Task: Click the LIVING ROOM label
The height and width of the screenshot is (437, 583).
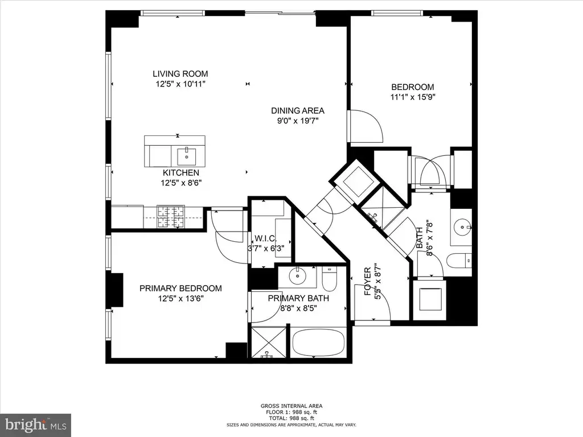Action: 180,74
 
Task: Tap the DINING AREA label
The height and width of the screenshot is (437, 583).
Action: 297,111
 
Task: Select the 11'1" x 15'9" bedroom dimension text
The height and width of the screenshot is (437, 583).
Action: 413,97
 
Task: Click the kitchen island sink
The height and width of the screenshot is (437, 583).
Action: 186,156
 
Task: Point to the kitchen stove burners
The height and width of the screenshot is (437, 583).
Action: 171,217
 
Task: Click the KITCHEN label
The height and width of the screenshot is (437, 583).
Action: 181,173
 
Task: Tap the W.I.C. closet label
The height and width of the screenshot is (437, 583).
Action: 265,238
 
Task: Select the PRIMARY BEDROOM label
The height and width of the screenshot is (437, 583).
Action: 180,288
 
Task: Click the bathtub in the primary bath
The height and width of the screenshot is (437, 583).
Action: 318,343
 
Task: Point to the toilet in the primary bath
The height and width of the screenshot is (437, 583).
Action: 329,279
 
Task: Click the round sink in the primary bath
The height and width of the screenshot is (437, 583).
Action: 297,276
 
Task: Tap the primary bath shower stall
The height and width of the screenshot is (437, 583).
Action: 269,342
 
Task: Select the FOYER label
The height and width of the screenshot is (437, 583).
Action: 368,281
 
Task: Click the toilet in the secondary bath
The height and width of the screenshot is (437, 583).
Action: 459,261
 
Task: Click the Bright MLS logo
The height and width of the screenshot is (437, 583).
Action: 35,424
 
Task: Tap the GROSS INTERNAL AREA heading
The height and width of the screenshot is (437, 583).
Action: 291,406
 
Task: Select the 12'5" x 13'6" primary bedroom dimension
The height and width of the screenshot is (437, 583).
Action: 180,298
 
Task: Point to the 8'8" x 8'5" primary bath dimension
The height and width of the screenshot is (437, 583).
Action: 298,308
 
